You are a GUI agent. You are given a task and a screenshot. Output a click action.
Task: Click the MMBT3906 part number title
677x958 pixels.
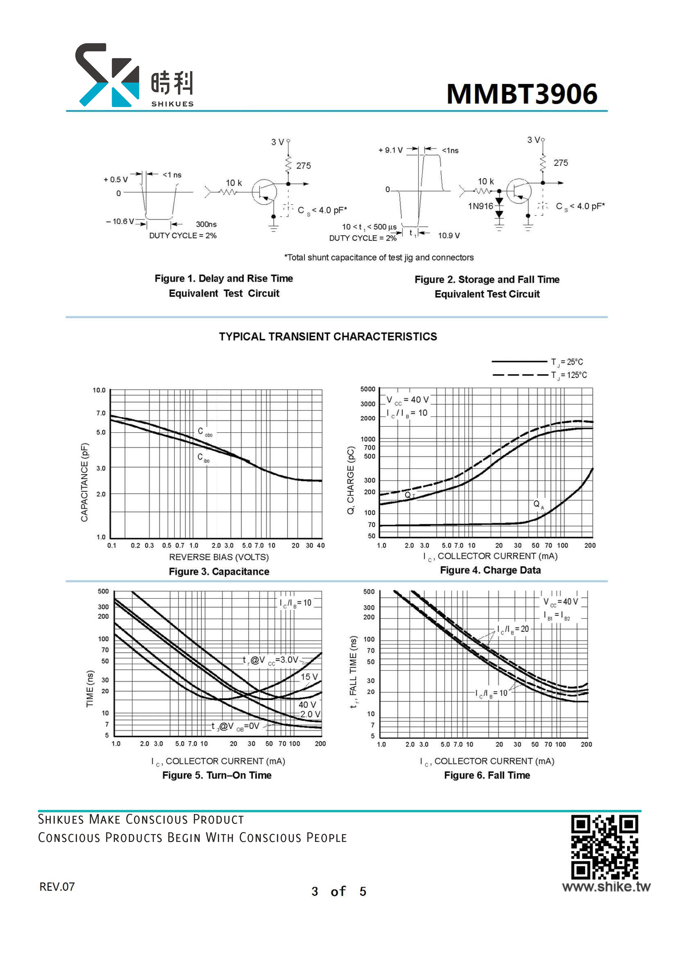point(522,94)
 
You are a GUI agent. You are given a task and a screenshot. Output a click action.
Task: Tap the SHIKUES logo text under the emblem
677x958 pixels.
point(172,104)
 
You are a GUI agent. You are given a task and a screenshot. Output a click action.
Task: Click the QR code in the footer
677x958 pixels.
point(604,847)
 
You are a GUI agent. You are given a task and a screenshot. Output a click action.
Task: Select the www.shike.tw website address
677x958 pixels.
point(606,887)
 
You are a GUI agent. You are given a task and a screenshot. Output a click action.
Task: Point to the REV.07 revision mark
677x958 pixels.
point(57,887)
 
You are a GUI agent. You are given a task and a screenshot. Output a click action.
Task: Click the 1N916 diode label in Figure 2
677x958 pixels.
point(480,206)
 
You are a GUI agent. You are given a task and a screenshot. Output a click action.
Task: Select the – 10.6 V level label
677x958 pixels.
point(120,221)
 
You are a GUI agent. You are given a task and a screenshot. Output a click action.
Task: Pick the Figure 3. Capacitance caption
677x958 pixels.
point(219,571)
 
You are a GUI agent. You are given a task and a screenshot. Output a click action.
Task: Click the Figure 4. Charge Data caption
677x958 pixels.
point(490,570)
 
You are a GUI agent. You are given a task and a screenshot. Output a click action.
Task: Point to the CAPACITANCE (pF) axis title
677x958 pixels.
point(84,482)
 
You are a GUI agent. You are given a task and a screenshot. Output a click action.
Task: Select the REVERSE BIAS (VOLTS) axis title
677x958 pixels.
point(219,557)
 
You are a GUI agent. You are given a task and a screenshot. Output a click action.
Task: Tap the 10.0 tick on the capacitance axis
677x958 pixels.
point(99,391)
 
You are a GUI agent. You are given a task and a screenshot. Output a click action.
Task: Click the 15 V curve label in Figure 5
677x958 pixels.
point(309,677)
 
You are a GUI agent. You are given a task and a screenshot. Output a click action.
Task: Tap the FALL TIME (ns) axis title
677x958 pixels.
point(353,672)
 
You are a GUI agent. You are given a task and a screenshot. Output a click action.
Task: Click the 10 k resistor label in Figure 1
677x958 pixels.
point(234,183)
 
